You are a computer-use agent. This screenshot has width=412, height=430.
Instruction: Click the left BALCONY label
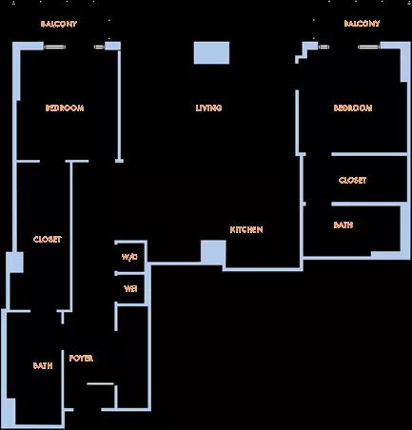(59, 24)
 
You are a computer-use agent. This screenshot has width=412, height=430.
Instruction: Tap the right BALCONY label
(362, 24)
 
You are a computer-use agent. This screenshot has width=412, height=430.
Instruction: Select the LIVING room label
(208, 108)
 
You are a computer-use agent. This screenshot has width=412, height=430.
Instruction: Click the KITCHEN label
(246, 229)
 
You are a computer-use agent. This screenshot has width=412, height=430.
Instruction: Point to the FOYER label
(81, 359)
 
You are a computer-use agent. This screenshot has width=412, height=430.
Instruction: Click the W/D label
(129, 257)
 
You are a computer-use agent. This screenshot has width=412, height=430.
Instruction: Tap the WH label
(130, 289)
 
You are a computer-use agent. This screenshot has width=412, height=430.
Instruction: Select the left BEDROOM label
(65, 108)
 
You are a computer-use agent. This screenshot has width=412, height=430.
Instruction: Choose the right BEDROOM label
(353, 108)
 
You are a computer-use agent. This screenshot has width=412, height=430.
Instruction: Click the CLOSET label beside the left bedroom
(48, 239)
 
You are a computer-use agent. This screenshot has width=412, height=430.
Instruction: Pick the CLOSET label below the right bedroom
(352, 181)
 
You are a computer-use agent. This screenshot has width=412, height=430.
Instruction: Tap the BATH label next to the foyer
(43, 365)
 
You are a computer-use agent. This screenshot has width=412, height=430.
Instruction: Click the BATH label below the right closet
(343, 225)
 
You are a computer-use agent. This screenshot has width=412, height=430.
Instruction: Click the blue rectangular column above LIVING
(211, 52)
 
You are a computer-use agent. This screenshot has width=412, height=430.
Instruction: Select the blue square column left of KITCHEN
(213, 252)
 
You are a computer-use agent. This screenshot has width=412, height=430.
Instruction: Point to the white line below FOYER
(100, 383)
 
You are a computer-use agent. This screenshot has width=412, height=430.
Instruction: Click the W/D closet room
(130, 257)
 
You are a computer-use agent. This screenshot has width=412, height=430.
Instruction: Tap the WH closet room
(130, 288)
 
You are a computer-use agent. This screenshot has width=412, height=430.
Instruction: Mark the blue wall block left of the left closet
(14, 263)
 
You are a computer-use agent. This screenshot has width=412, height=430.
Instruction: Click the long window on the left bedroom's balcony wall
(54, 47)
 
